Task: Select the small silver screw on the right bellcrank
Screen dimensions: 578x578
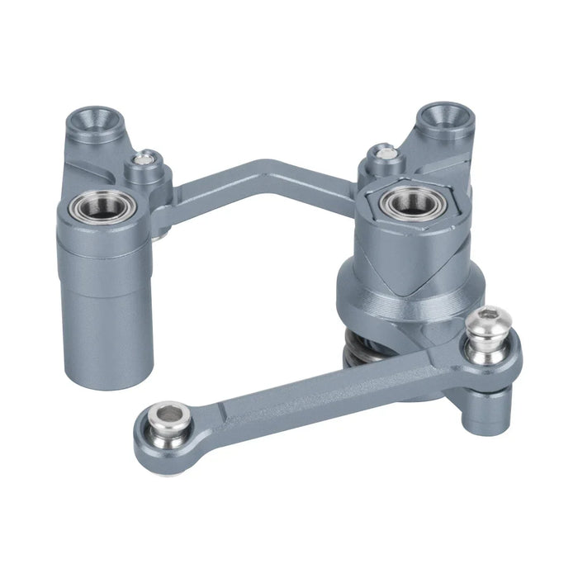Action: (384, 152)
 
